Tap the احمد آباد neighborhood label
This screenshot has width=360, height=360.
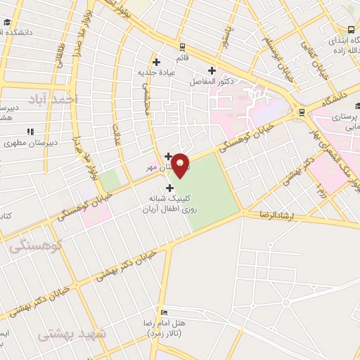point(51,100)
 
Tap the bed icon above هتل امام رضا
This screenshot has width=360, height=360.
point(164,312)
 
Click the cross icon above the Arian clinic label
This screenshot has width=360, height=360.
point(169,188)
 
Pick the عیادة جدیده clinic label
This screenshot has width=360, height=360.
point(156,72)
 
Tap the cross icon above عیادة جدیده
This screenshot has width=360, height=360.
point(165,62)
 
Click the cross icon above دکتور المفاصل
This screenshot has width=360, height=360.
point(212,70)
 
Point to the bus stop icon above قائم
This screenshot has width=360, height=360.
point(181,45)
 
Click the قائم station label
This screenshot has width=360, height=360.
point(181,56)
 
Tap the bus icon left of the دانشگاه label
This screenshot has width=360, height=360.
point(302,111)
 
